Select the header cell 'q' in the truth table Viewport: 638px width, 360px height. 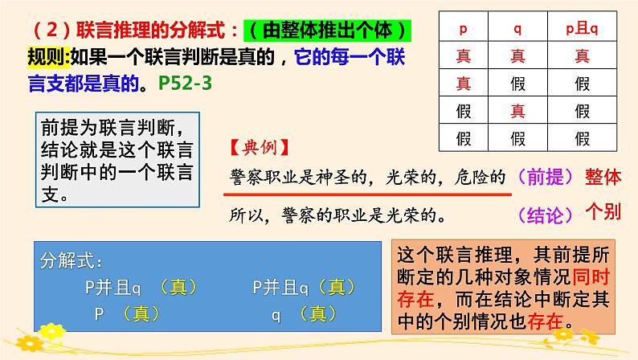pos(517,30)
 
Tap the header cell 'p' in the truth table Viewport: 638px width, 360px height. pos(463,30)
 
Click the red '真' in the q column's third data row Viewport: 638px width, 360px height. pos(517,110)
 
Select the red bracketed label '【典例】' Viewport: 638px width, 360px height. pos(256,149)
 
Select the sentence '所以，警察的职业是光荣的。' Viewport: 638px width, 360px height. pos(337,215)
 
